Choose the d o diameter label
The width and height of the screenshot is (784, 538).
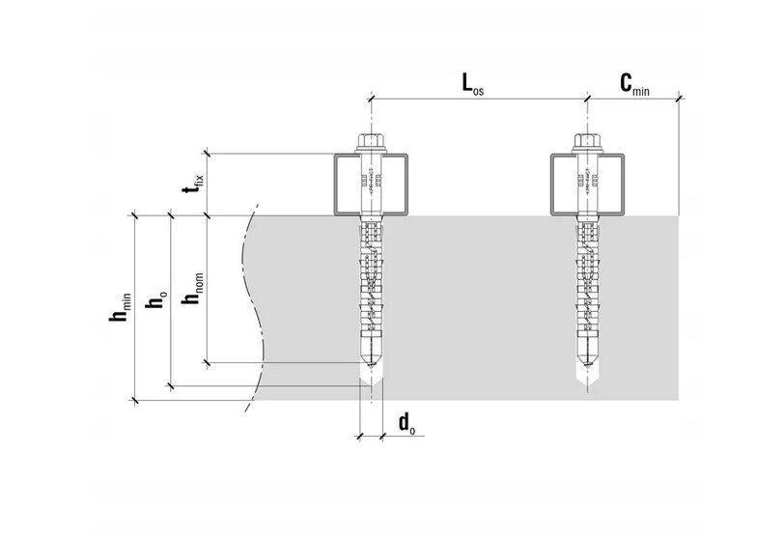click(406, 422)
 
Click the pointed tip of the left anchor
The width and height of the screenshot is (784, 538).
click(372, 372)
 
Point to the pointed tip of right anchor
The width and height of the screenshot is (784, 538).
click(586, 372)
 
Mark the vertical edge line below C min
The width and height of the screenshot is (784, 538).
click(680, 155)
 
